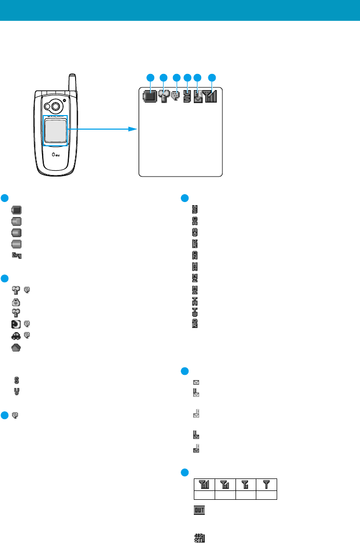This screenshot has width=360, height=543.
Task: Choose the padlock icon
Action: (x=17, y=301)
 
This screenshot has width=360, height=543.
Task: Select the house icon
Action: (x=17, y=347)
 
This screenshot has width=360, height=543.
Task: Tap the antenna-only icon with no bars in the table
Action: (x=266, y=485)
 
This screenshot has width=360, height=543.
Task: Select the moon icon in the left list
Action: (x=17, y=324)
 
